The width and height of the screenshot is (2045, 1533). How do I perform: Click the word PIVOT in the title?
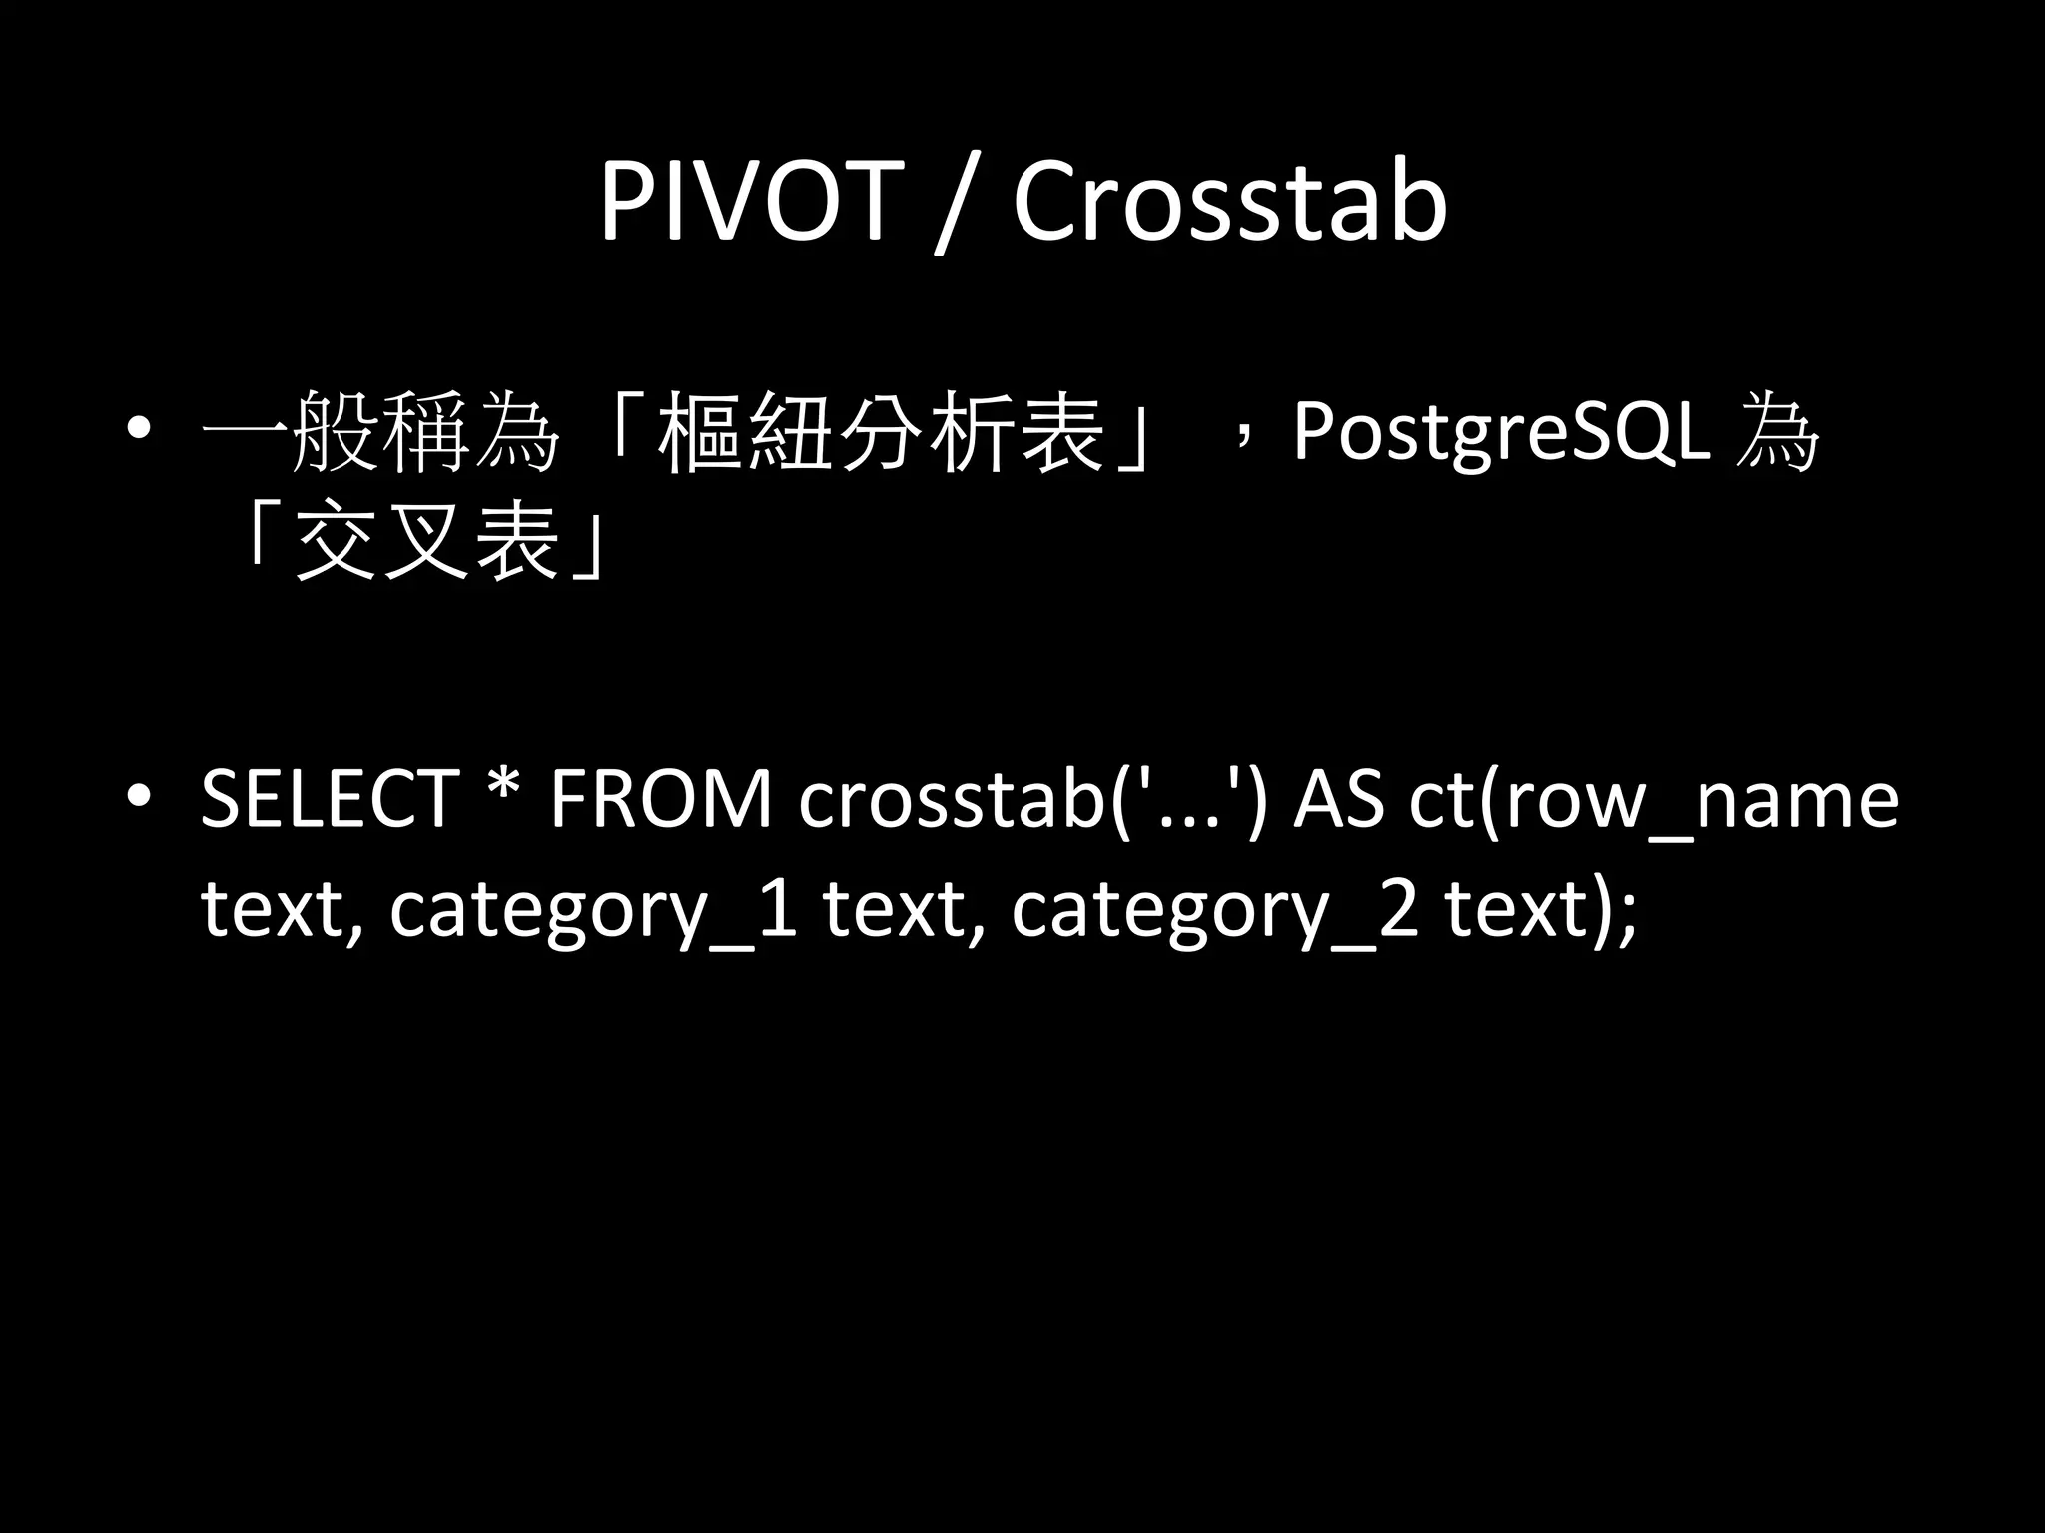745,203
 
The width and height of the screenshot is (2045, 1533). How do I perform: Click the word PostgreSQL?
1501,434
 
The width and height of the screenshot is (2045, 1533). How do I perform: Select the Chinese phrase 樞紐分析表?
880,434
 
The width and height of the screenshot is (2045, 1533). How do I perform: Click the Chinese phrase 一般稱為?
380,434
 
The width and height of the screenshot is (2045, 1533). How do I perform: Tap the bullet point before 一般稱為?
140,431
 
